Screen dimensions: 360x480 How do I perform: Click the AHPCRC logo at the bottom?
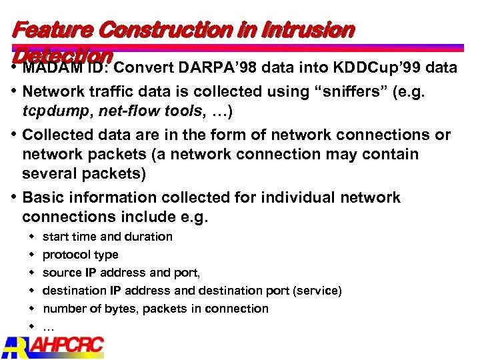coord(53,347)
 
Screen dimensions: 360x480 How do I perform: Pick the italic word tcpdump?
coord(54,110)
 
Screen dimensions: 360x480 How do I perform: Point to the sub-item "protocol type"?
coord(80,255)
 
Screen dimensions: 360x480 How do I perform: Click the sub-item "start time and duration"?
coord(107,237)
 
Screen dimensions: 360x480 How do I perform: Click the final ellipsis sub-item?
coord(48,327)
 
